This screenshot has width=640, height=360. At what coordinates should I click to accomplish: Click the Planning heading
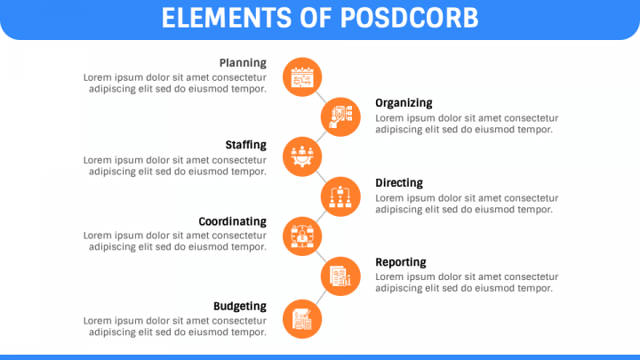(243, 63)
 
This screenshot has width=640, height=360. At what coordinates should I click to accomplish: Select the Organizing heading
(404, 103)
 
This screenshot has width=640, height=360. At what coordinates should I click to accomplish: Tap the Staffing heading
(245, 145)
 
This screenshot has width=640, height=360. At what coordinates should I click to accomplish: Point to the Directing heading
(399, 183)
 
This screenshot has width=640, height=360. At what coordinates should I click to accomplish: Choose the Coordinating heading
(232, 221)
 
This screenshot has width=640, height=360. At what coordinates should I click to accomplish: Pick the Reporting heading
(401, 262)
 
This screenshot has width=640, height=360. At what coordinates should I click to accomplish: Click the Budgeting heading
(239, 307)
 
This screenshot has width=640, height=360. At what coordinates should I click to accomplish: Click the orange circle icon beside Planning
(301, 77)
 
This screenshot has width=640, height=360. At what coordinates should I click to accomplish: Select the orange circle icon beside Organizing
(340, 116)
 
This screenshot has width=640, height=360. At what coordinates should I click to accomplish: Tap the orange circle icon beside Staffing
(301, 156)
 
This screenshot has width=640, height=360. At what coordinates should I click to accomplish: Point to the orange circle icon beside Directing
(340, 196)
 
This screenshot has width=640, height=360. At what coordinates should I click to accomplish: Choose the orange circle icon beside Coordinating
(301, 236)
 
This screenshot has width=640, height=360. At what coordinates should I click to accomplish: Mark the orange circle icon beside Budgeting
(301, 317)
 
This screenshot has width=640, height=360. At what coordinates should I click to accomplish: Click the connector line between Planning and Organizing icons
(321, 97)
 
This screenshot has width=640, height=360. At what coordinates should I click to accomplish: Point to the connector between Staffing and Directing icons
(321, 176)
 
